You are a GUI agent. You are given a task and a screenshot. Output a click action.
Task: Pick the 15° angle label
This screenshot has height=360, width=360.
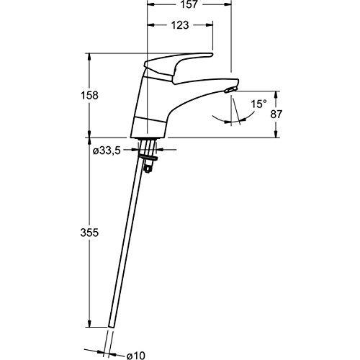(258, 104)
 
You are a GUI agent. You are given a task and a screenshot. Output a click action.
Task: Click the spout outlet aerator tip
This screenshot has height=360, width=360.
(228, 90)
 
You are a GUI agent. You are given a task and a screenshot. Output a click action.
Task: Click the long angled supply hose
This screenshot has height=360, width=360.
(130, 245)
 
